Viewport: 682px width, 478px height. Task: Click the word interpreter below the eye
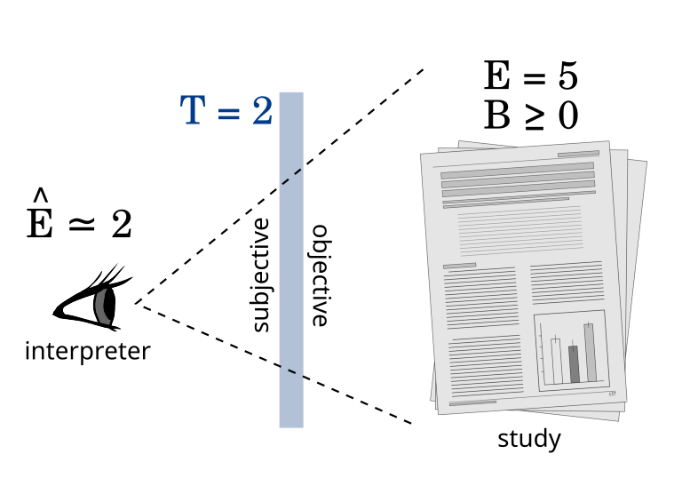pos(87,351)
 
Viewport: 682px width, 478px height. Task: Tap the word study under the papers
pos(529,439)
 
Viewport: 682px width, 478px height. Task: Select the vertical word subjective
pos(261,275)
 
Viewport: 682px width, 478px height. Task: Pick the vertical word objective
pos(320,275)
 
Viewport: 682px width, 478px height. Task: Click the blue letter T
pos(193,110)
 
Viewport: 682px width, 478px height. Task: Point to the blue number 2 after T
pos(262,110)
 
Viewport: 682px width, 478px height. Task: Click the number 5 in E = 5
pos(567,76)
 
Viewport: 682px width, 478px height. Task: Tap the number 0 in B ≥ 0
pos(568,116)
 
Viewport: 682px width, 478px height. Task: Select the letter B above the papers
pos(496,116)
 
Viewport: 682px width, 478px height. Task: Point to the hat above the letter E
pos(41,195)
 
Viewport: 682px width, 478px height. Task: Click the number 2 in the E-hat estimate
pos(122,224)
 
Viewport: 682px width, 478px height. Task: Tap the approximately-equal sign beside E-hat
pos(83,224)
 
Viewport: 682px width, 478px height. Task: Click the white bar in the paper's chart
pos(557,362)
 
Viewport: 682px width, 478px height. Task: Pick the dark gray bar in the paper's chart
pos(575,364)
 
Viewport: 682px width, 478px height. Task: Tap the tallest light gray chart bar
pos(591,353)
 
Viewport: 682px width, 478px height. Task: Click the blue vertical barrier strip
pos(291,260)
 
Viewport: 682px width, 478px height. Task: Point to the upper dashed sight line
pos(279,186)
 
